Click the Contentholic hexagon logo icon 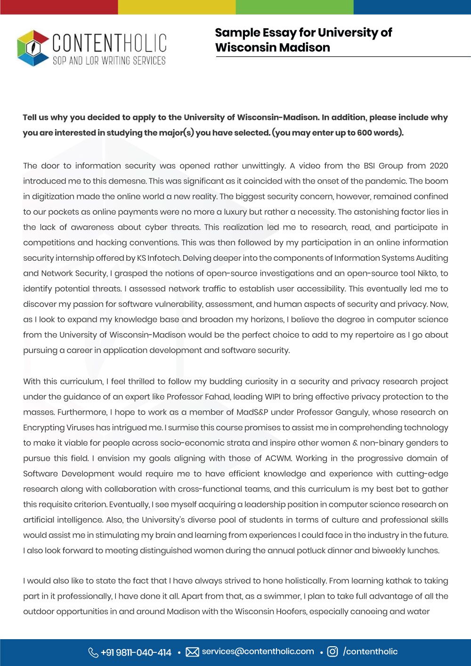pos(33,48)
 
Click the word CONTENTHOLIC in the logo pos(109,43)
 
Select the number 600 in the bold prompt pos(365,133)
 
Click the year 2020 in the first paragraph pos(439,166)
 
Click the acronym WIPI pos(273,397)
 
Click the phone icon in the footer pos(93,652)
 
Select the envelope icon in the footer pos(192,652)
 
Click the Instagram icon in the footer pos(333,652)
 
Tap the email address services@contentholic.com pos(258,651)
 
